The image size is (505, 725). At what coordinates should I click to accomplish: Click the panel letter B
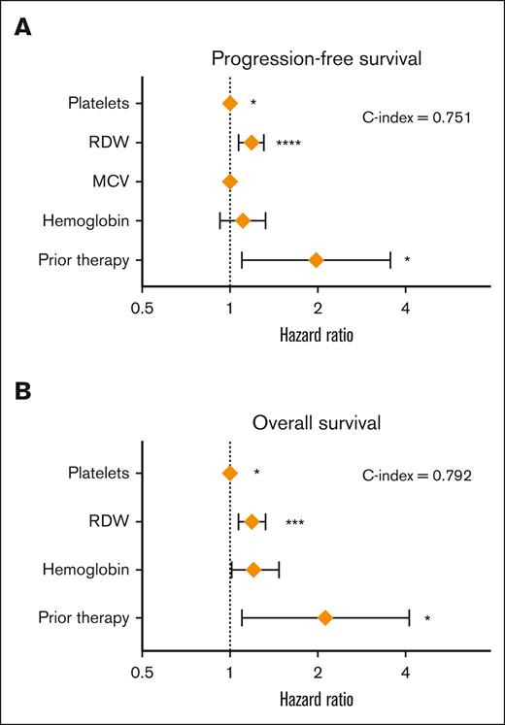(x=17, y=392)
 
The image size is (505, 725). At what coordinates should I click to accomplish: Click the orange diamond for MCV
(x=230, y=181)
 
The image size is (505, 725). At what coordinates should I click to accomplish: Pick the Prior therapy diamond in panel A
(x=316, y=259)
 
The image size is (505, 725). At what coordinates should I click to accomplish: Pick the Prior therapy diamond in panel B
(x=325, y=617)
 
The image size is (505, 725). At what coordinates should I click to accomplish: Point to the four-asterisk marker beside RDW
(x=287, y=144)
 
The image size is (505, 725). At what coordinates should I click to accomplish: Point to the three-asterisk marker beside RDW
(x=294, y=523)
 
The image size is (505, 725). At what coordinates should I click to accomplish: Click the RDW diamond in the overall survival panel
(x=252, y=522)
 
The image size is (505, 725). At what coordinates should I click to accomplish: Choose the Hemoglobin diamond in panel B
(x=253, y=570)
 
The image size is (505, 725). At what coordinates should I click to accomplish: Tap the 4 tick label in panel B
(x=405, y=669)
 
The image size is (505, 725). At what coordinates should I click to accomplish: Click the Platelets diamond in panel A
(x=230, y=103)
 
